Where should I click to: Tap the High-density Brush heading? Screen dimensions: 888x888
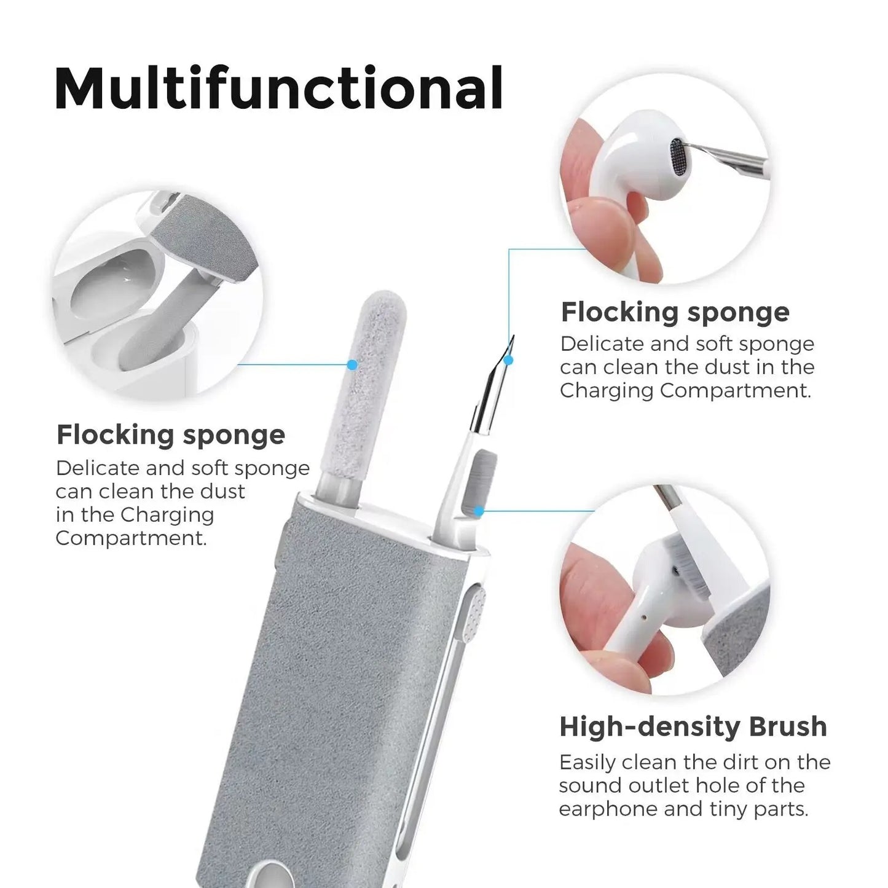[x=693, y=726]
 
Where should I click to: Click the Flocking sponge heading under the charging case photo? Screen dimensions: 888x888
[x=171, y=434]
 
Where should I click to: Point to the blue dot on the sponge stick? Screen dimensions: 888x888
[x=352, y=364]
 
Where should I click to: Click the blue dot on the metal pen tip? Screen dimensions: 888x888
[x=509, y=360]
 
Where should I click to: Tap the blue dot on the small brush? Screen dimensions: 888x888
[x=479, y=510]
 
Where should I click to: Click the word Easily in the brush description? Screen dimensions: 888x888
[x=587, y=762]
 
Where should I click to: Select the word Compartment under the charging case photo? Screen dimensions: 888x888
[x=130, y=538]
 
